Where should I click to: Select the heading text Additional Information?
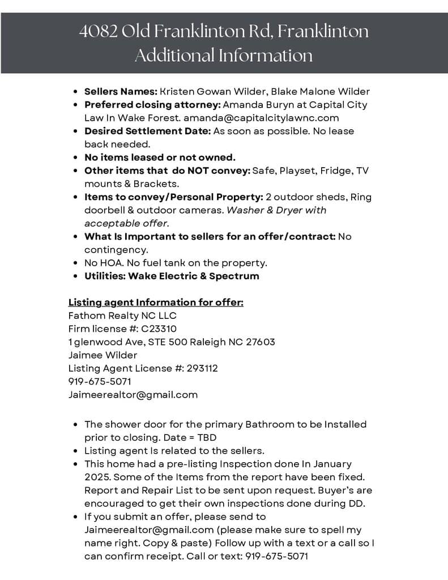224,56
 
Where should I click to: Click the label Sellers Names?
121,91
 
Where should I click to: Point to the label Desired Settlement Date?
147,131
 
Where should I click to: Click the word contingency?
108,249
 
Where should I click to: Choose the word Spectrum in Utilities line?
234,276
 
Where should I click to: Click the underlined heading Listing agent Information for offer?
156,302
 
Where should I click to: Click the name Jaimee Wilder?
103,355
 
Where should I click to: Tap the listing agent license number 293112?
202,368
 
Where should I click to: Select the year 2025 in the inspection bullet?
97,477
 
